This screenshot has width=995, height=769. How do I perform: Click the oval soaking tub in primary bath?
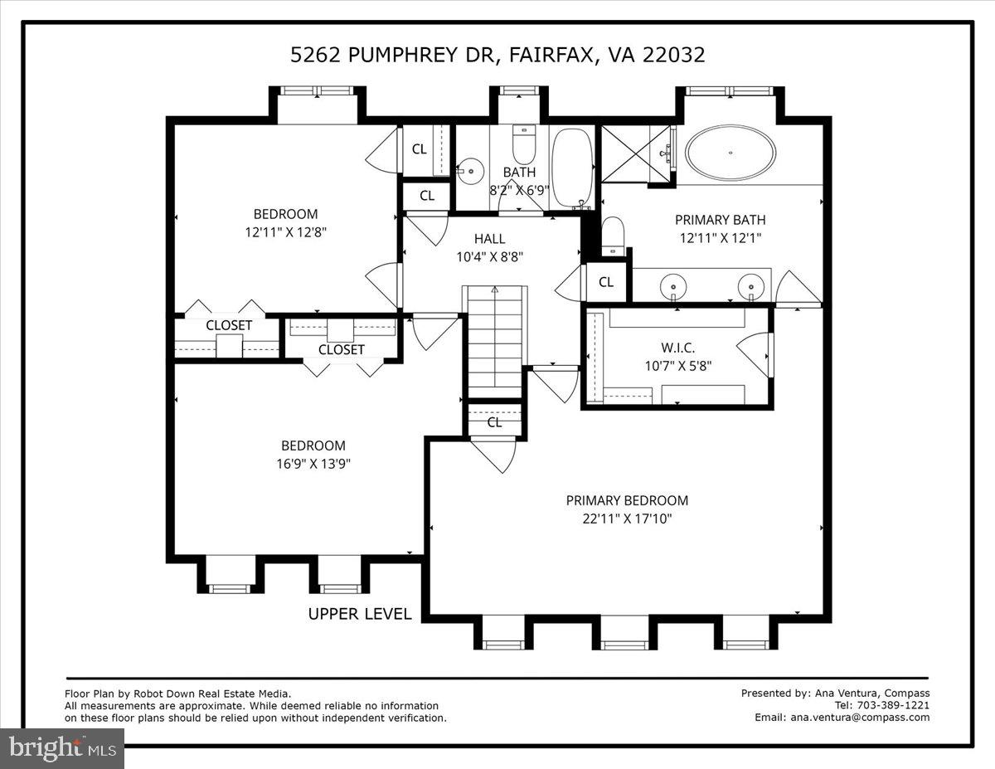730,153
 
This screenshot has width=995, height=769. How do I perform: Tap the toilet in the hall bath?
524,147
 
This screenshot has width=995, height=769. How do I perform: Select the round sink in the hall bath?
471,171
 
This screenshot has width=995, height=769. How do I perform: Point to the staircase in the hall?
495,340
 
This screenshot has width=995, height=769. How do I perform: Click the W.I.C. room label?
677,348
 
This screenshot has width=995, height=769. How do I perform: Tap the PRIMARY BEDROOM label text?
627,500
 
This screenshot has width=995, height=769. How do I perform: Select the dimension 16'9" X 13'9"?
313,464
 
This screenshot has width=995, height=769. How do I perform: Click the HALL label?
489,239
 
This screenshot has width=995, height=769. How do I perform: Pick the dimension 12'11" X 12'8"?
285,232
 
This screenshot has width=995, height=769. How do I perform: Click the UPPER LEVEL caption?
360,614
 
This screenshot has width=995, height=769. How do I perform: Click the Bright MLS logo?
62,748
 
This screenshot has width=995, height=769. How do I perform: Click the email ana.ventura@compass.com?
860,718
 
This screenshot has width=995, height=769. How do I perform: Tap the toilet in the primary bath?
612,236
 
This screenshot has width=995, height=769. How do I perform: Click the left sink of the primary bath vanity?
673,287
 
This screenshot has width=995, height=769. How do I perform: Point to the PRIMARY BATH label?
720,220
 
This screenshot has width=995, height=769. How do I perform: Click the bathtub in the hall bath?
572,166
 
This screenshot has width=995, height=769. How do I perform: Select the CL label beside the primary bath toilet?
606,282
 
